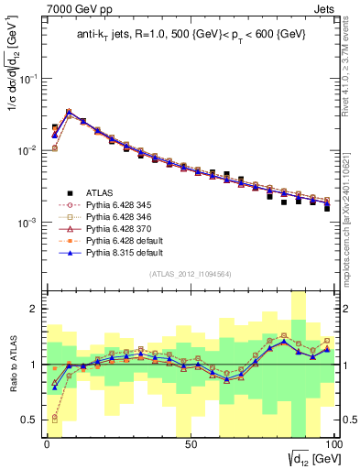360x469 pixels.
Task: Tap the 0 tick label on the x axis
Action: click(x=47, y=446)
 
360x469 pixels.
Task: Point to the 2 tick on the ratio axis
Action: click(x=35, y=310)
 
